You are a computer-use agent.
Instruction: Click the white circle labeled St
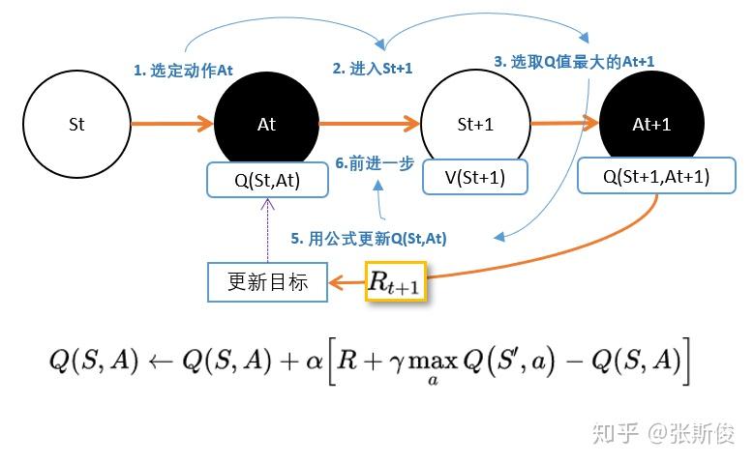[77, 125]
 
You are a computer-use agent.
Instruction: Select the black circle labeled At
[266, 125]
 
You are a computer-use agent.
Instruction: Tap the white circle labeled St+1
[475, 125]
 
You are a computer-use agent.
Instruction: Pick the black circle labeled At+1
[650, 125]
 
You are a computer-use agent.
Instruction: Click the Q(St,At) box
[267, 179]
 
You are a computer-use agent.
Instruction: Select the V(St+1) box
[474, 177]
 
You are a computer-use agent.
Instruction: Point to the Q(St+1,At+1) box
[656, 177]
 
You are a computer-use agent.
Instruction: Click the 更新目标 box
[268, 281]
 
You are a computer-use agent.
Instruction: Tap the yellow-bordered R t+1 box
[396, 282]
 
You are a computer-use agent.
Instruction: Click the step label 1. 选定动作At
[183, 71]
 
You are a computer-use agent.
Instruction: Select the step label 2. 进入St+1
[373, 69]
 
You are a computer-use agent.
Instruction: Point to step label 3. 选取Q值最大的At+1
[574, 61]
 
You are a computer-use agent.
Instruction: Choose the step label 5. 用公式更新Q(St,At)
[369, 238]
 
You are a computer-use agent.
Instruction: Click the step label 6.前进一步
[374, 163]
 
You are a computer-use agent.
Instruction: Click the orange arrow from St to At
[171, 124]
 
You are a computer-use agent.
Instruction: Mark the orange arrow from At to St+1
[369, 124]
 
